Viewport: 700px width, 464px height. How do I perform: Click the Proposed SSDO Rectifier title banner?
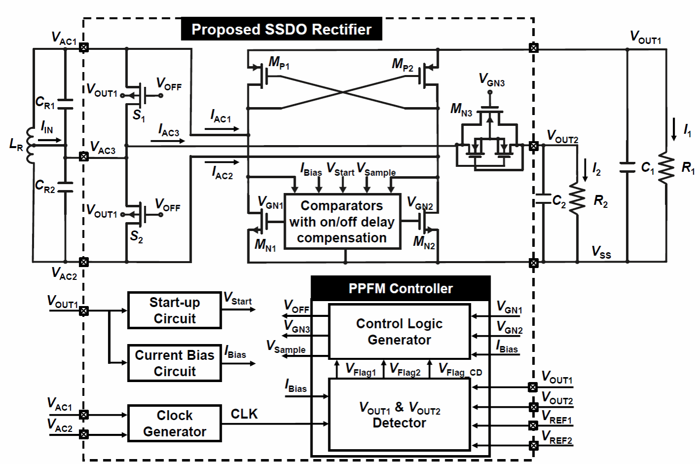click(281, 29)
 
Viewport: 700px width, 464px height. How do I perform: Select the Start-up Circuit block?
click(174, 310)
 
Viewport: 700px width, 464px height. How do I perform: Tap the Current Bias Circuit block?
click(174, 363)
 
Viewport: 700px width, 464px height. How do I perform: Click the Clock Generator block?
click(174, 423)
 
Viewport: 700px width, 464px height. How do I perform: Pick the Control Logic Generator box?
click(399, 332)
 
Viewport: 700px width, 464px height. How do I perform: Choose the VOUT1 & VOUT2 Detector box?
click(399, 415)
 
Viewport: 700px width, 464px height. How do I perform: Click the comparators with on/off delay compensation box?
click(341, 222)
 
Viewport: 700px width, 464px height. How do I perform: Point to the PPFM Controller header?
click(400, 288)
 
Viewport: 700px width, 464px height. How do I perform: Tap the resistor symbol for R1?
click(666, 168)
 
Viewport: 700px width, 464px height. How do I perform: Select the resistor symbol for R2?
click(577, 198)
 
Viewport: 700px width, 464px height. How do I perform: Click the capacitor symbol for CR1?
click(65, 103)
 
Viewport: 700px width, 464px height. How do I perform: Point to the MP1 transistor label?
click(279, 63)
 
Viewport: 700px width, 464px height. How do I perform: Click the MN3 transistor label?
click(461, 110)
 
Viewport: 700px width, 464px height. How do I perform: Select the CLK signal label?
click(244, 414)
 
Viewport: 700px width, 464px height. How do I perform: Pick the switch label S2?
click(137, 237)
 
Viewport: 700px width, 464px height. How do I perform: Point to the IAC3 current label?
click(168, 131)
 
